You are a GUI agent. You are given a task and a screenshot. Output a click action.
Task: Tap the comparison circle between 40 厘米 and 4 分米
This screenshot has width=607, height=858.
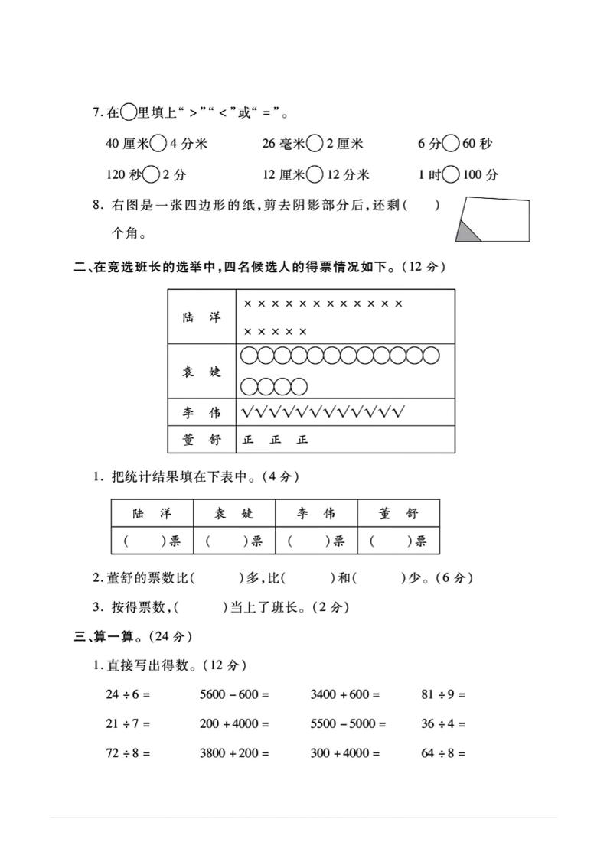pyautogui.click(x=158, y=143)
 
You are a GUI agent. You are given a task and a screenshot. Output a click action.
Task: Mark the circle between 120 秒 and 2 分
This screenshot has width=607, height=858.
pyautogui.click(x=152, y=174)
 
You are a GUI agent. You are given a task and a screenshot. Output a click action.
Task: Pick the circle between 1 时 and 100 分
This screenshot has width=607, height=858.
pyautogui.click(x=452, y=174)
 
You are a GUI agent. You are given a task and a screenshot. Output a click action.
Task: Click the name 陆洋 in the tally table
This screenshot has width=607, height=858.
pyautogui.click(x=202, y=317)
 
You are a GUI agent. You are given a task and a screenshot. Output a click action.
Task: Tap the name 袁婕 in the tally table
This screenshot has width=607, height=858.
pyautogui.click(x=202, y=372)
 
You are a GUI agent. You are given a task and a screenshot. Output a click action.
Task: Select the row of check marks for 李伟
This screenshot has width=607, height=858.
pyautogui.click(x=322, y=413)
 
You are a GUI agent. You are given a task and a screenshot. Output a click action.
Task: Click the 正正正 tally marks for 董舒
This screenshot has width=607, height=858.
pyautogui.click(x=275, y=440)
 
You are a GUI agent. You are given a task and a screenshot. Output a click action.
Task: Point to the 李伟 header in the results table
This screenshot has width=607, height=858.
pyautogui.click(x=316, y=513)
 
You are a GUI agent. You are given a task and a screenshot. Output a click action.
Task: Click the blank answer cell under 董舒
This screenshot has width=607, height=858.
pyautogui.click(x=398, y=541)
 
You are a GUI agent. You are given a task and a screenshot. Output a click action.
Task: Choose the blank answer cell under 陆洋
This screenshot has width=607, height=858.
pyautogui.click(x=152, y=541)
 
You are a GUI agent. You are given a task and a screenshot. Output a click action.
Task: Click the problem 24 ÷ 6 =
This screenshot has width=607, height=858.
pyautogui.click(x=128, y=695)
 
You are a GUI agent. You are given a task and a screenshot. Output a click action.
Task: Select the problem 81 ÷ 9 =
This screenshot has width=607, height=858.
pyautogui.click(x=443, y=695)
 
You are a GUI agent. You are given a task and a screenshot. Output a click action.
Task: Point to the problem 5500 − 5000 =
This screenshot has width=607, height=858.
pyautogui.click(x=348, y=723)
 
